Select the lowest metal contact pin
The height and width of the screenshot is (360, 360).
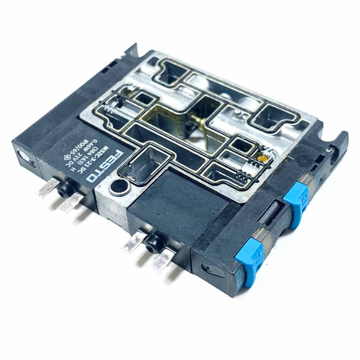tap(160, 261)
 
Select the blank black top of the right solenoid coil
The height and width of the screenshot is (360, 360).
tap(168, 199)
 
